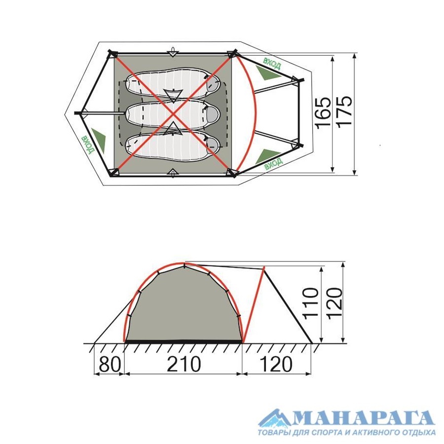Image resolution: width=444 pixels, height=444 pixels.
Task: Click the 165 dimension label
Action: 323,113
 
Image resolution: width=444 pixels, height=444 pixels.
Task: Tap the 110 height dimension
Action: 311,303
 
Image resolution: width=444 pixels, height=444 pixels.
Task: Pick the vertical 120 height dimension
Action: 334,303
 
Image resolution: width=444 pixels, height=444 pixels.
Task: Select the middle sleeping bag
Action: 173,113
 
